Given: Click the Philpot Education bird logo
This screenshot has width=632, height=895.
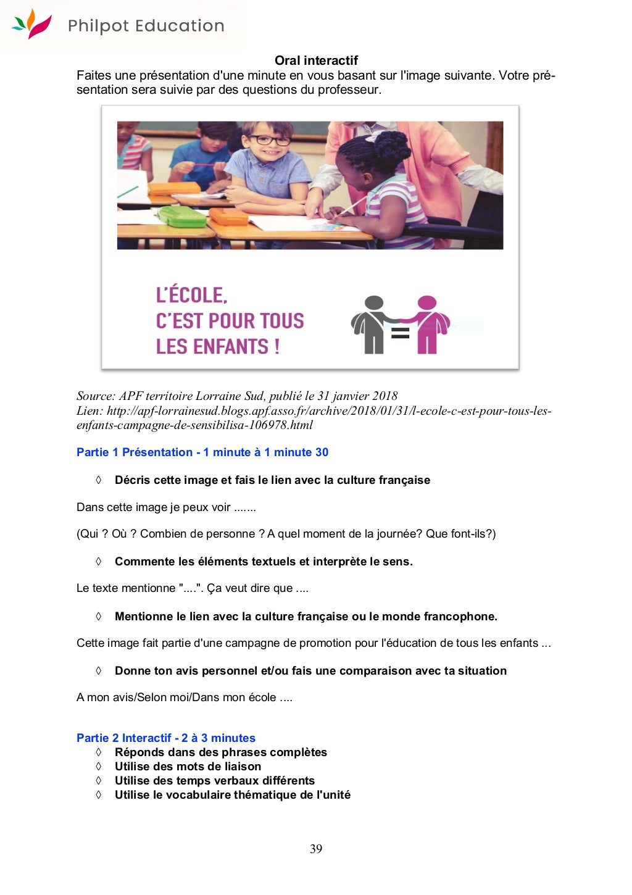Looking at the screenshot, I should click(x=31, y=24).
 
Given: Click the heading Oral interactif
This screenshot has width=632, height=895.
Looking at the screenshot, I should click(x=316, y=60).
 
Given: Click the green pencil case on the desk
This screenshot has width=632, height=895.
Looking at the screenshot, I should click(x=175, y=215).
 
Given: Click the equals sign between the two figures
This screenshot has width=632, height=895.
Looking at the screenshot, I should click(x=400, y=333).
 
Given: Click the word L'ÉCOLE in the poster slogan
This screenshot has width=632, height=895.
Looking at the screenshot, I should click(x=191, y=295).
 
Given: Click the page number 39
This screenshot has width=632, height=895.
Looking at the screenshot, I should click(x=316, y=849).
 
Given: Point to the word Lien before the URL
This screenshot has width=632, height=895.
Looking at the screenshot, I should click(x=89, y=411).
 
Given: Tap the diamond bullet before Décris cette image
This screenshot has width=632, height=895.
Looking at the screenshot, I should click(x=98, y=480).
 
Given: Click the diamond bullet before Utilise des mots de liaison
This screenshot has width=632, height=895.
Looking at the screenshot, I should click(x=98, y=767).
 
